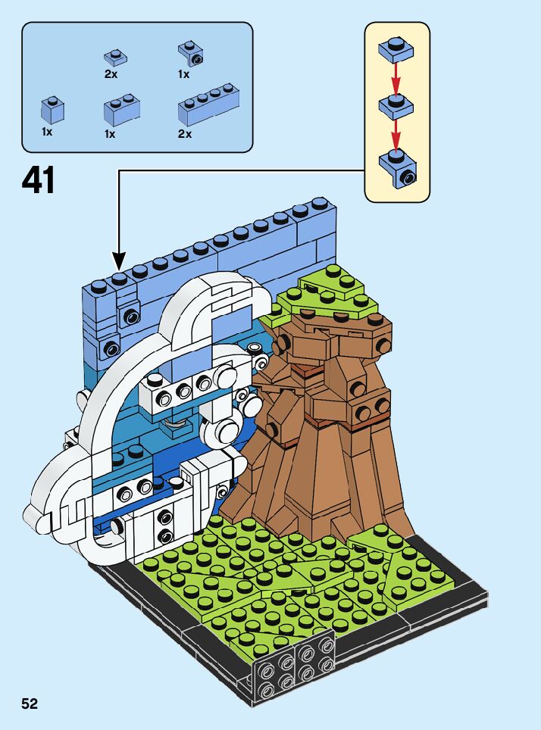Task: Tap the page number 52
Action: point(30,703)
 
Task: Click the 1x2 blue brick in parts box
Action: point(121,111)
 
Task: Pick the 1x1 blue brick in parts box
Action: point(52,109)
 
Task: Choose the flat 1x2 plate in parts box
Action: point(115,57)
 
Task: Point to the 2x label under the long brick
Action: point(184,134)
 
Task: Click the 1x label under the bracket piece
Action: point(183,75)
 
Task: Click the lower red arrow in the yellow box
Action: point(396,133)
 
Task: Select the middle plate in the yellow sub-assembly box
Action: point(396,105)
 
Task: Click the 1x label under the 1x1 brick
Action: point(47,132)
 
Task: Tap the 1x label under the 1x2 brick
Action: point(110,134)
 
